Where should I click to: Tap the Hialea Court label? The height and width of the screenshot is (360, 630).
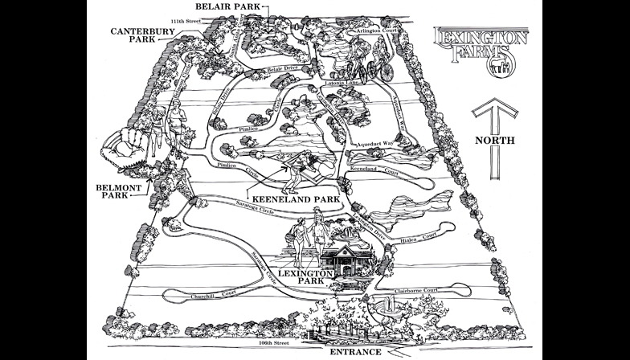[418, 236]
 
